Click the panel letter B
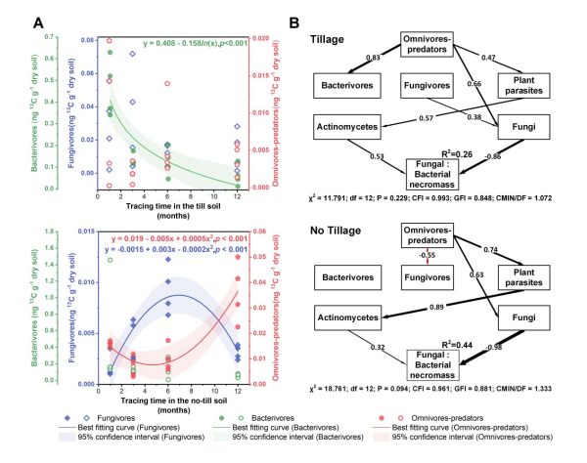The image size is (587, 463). (x=310, y=21)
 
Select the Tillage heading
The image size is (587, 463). (x=336, y=39)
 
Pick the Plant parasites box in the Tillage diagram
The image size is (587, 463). (x=527, y=86)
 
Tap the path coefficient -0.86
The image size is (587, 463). (x=495, y=156)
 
